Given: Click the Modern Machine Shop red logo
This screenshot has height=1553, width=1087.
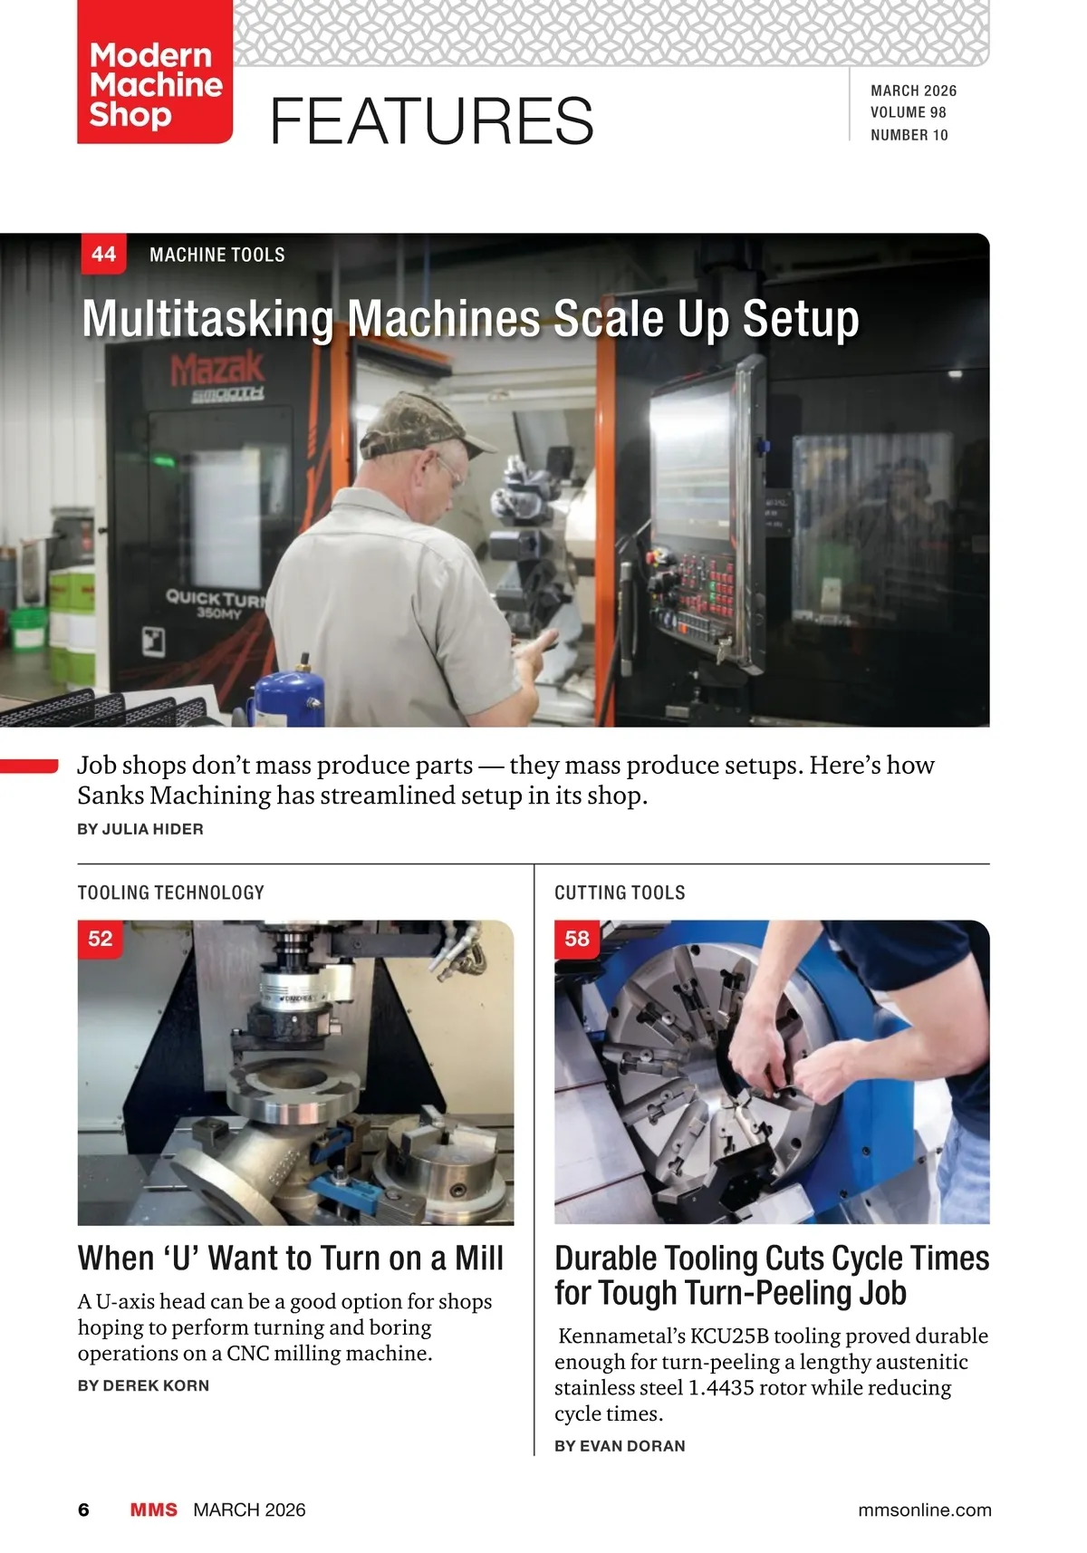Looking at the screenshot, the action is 155,72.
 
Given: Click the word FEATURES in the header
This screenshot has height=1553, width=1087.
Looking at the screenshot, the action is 431,121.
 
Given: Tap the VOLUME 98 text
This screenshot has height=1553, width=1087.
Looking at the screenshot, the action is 909,112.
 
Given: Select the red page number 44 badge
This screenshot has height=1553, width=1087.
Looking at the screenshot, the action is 103,254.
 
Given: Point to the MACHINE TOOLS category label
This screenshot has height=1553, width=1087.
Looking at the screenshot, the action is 217,256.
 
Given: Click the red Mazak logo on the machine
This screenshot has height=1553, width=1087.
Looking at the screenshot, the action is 217,369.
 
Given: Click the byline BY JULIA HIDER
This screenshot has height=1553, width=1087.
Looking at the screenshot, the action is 140,829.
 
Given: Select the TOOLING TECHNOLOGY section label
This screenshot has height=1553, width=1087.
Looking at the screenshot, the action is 170,892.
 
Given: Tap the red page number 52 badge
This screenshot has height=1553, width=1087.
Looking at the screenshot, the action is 100,939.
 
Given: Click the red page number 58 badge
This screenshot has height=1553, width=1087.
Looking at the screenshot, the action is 577,939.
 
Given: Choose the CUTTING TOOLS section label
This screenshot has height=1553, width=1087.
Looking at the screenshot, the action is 620,892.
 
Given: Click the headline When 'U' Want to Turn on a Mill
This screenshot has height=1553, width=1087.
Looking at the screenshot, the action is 291,1258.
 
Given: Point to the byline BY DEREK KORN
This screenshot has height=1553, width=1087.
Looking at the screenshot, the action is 143,1385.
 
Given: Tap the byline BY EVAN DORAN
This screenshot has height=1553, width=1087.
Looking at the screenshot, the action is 620,1445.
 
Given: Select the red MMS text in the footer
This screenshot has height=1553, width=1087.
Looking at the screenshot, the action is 154,1510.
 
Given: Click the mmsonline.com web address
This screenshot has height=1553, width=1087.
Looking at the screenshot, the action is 925,1510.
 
